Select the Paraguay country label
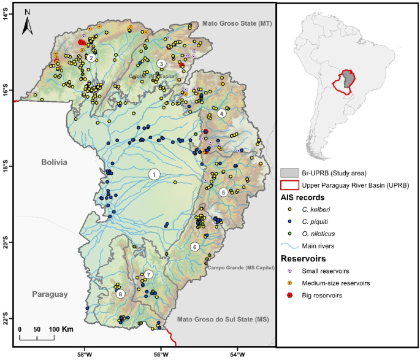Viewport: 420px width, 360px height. [50, 294]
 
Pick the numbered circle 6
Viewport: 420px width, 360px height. [194, 247]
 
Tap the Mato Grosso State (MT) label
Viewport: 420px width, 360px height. [237, 23]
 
